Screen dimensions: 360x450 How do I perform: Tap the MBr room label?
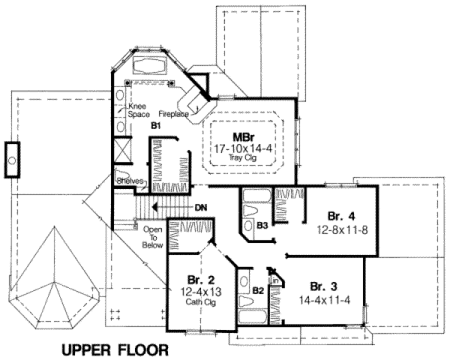pyautogui.click(x=241, y=137)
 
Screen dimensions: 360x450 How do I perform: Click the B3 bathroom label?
pyautogui.click(x=262, y=224)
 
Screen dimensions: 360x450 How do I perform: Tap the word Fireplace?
pyautogui.click(x=173, y=114)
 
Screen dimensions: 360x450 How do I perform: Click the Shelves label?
pyautogui.click(x=129, y=181)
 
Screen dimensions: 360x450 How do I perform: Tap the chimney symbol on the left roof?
pyautogui.click(x=11, y=159)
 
